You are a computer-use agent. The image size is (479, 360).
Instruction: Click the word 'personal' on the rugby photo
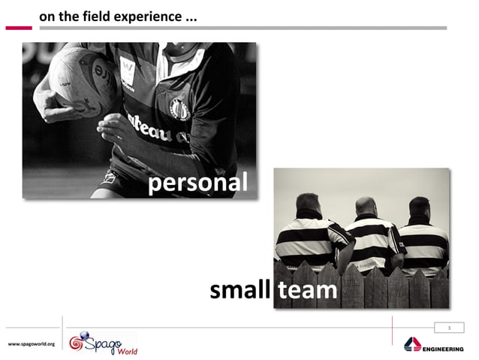pos(197,183)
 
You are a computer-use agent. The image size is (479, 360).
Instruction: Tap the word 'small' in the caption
pos(239,290)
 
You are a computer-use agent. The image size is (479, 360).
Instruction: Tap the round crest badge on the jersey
pos(179,108)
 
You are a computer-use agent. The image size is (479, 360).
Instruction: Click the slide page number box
pos(448,328)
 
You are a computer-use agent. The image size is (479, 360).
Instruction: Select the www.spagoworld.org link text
pos(31,343)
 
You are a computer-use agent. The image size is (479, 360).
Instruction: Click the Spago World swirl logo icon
pos(78,343)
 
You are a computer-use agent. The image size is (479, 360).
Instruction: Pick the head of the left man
pos(308,204)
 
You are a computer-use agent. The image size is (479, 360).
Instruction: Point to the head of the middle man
pos(366,207)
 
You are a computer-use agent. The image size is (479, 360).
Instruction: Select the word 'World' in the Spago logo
pos(125,349)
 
